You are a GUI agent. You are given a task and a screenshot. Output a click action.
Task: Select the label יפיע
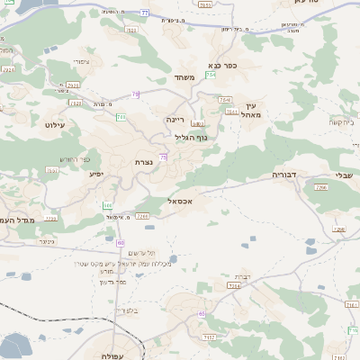96,173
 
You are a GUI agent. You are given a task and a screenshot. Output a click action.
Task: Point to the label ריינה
175,119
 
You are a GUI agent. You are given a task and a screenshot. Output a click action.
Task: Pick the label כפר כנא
221,65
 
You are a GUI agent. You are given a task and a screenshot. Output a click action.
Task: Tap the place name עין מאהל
250,110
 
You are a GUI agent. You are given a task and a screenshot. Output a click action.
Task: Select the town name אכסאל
181,202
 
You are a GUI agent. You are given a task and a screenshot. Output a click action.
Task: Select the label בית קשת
342,121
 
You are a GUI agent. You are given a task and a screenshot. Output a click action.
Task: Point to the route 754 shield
211,76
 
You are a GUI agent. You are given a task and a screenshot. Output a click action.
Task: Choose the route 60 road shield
121,242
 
